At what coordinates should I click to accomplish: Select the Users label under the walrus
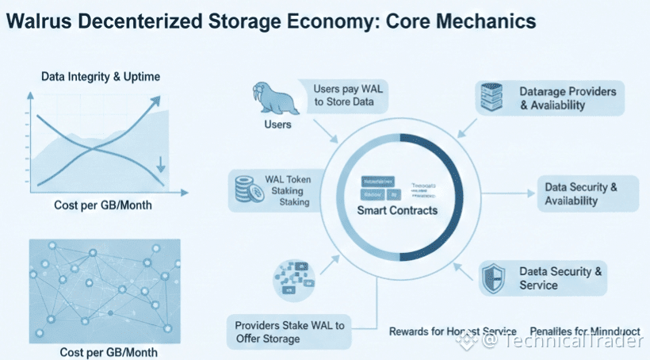277,124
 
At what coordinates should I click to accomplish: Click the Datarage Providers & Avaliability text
568,98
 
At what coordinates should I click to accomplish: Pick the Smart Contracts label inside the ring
397,211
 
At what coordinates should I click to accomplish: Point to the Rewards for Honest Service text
453,331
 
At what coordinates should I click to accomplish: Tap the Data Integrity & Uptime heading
101,76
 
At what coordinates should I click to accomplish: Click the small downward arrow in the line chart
161,165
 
